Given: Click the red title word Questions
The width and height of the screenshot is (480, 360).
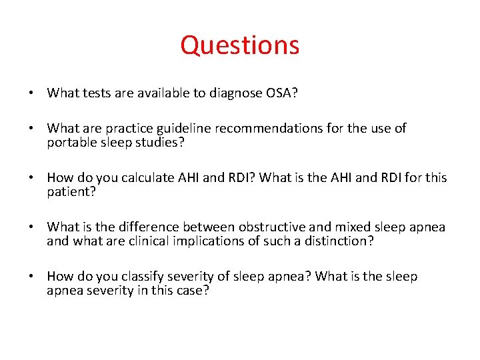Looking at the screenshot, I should coord(240,45).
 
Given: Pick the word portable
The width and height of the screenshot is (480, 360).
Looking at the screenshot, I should coord(71,142).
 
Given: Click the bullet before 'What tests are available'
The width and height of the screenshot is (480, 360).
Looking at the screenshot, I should coord(31,93).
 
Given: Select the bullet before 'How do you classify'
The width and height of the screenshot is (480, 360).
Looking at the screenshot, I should coord(31,277).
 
